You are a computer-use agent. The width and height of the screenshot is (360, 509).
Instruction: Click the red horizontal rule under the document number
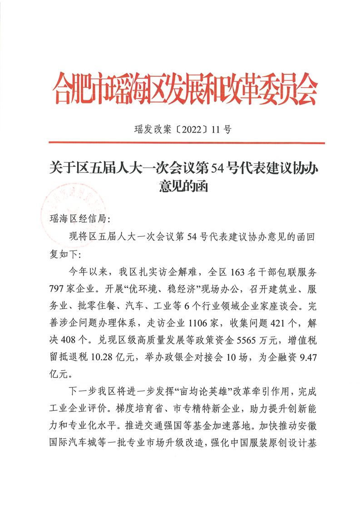coord(184,142)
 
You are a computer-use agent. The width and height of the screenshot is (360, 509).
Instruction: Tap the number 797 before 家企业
coord(58,289)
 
